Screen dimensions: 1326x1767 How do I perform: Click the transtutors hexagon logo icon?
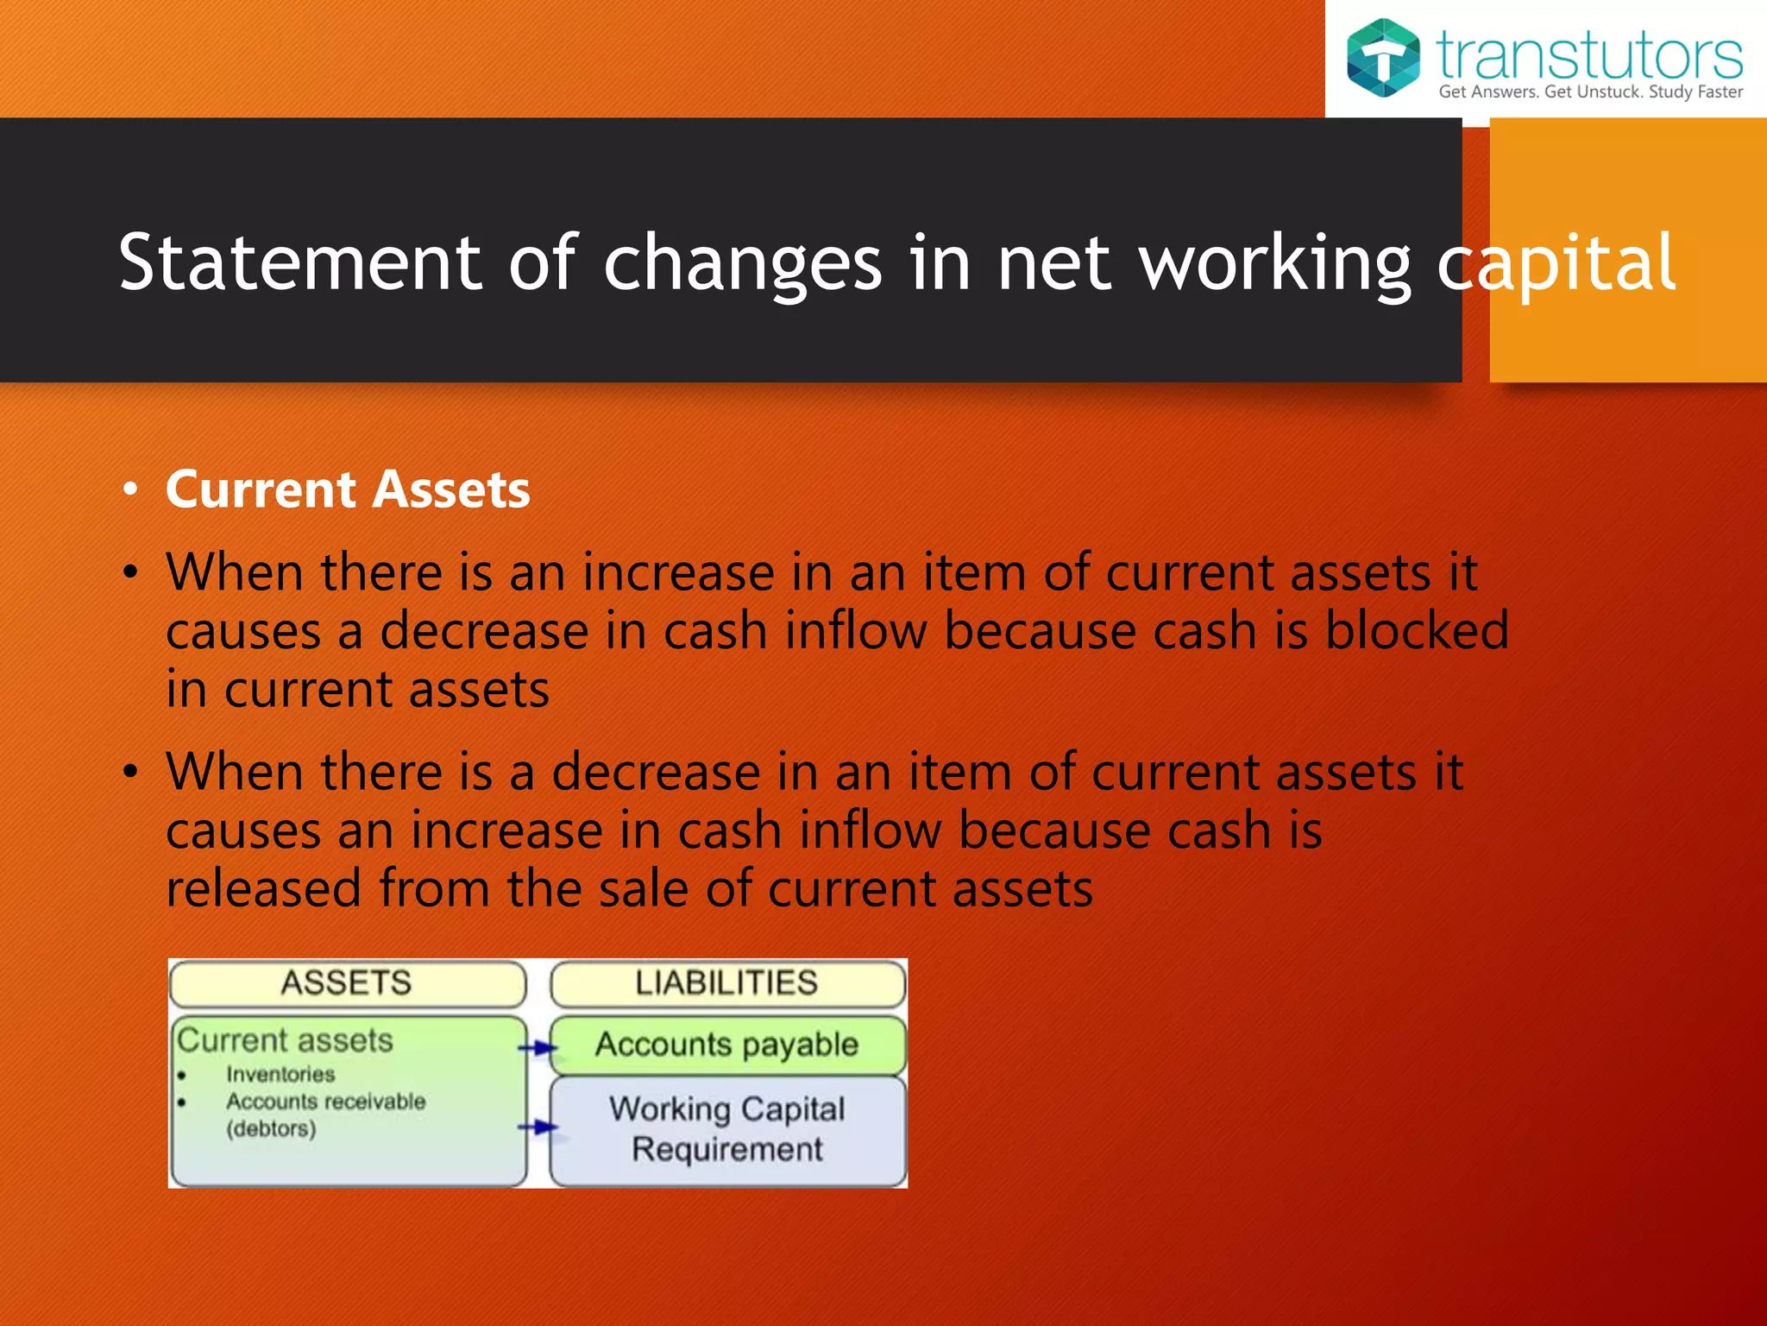click(1383, 57)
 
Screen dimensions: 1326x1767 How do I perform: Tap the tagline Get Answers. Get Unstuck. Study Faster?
click(1590, 92)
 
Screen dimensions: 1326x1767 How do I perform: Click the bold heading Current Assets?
click(348, 489)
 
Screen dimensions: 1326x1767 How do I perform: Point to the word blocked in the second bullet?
click(1417, 630)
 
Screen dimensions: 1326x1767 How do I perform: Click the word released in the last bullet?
click(263, 888)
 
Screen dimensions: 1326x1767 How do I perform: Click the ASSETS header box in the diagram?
click(348, 983)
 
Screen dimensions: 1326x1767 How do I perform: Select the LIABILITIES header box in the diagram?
click(727, 983)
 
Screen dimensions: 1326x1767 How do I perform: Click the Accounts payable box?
click(727, 1045)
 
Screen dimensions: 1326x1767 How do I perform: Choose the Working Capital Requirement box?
click(727, 1129)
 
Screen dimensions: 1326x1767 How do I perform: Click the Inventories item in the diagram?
click(280, 1074)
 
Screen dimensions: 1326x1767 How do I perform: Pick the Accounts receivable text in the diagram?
click(326, 1102)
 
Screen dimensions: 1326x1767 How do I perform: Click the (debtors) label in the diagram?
click(271, 1129)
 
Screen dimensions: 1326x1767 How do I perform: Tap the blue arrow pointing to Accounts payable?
click(538, 1048)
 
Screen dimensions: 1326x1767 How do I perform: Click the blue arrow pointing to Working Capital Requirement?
click(538, 1127)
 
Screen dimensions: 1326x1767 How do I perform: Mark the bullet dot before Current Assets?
click(130, 490)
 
